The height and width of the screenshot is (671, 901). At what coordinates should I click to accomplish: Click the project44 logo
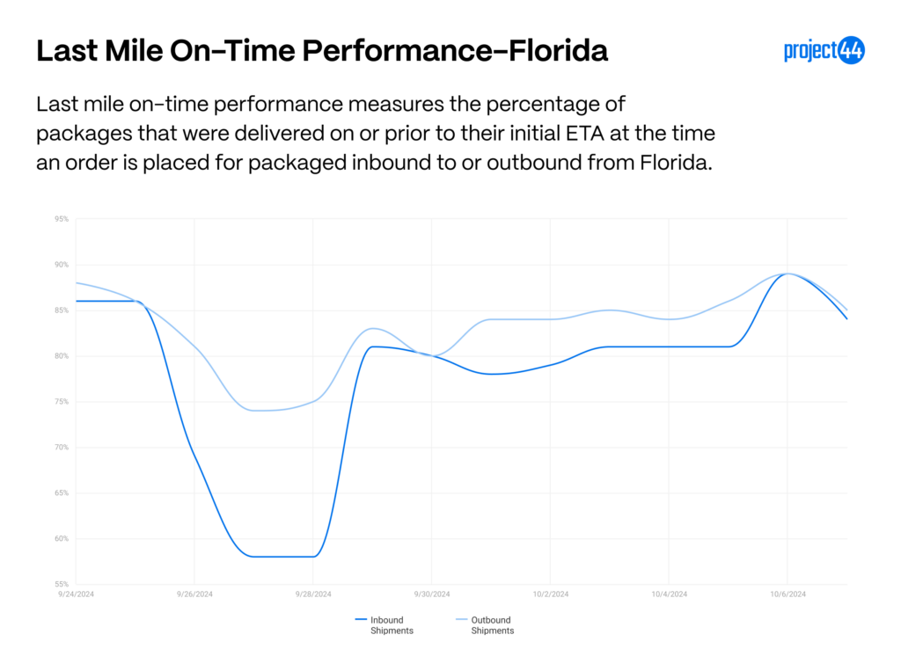[x=824, y=50]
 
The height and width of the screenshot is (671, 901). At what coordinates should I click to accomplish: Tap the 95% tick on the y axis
[x=62, y=219]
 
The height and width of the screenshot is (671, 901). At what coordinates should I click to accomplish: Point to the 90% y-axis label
[x=62, y=265]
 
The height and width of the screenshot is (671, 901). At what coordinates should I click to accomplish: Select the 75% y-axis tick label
[x=62, y=402]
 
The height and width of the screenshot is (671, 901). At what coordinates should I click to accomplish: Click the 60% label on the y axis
[x=62, y=538]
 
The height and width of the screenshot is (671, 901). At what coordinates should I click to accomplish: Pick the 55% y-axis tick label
[x=62, y=584]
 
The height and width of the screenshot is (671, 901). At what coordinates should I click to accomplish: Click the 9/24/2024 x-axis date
[x=76, y=594]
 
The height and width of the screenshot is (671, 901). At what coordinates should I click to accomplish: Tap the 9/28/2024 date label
[x=313, y=594]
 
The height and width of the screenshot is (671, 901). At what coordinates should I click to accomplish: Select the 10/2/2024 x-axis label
[x=551, y=594]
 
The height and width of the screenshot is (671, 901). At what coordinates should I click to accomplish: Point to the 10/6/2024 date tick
[x=787, y=594]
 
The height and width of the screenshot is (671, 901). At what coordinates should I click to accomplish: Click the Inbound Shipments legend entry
[x=385, y=625]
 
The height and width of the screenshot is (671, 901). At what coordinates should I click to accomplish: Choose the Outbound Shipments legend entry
[x=485, y=625]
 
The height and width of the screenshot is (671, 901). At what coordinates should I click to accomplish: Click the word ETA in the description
[x=585, y=134]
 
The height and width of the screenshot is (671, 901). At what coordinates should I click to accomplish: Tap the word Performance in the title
[x=398, y=50]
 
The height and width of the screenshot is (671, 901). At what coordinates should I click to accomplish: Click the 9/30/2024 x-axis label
[x=432, y=594]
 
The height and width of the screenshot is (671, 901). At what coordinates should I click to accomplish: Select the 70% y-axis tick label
[x=62, y=447]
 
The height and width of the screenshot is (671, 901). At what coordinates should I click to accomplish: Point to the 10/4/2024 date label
[x=670, y=594]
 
